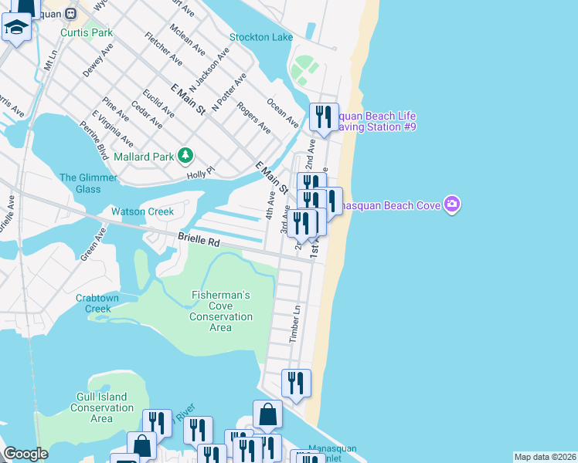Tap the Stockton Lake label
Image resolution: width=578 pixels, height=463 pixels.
[261, 37]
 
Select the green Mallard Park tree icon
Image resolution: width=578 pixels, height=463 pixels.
[185, 157]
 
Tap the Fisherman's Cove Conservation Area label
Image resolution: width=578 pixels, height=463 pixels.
[221, 311]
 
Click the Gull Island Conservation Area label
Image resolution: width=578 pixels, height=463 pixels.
[101, 407]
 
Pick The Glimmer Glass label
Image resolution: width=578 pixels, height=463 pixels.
[89, 183]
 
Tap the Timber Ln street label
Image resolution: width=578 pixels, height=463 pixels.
[294, 323]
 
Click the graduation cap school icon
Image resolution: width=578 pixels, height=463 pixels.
[15, 28]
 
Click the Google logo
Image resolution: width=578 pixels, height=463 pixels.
[25, 454]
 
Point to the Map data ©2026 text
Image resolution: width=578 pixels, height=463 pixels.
[545, 457]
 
